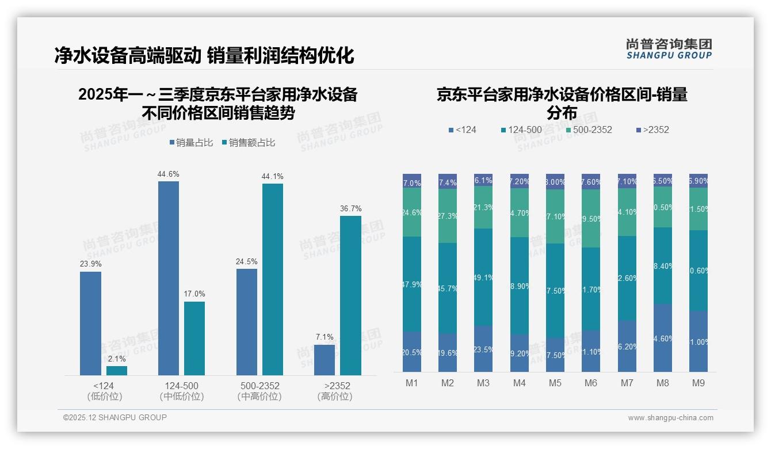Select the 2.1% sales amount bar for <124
[117, 371]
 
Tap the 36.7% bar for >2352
[350, 295]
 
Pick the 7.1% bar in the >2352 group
[325, 360]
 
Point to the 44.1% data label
[272, 176]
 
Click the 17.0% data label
[194, 294]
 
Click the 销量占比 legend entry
[190, 143]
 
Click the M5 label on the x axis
[555, 383]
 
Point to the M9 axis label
[699, 383]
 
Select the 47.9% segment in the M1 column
[412, 284]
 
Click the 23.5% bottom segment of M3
[483, 349]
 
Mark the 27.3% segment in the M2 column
[448, 215]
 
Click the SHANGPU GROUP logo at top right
[669, 49]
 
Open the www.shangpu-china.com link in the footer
[670, 418]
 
